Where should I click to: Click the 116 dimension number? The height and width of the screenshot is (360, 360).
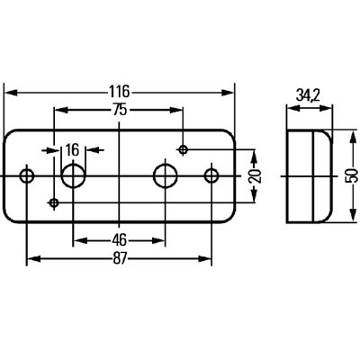click(x=119, y=91)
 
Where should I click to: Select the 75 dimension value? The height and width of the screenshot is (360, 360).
click(x=120, y=111)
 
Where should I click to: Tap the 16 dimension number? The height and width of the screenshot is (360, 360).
click(x=72, y=150)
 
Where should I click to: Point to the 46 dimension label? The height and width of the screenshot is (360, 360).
click(x=120, y=240)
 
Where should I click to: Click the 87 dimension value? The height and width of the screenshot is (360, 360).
click(x=120, y=258)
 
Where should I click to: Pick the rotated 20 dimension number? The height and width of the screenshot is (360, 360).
click(x=256, y=176)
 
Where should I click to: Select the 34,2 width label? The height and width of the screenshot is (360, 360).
click(x=308, y=96)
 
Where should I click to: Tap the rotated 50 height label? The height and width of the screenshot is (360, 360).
click(x=352, y=175)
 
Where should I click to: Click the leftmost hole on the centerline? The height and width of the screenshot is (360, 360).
click(x=27, y=175)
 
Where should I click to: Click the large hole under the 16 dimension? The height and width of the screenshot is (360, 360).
click(x=73, y=175)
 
